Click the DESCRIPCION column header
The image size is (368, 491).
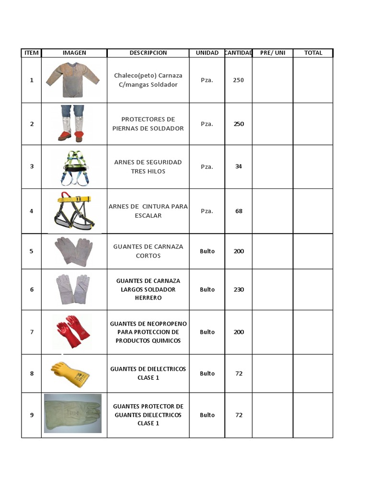pos(148,53)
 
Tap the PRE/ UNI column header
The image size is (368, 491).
pos(273,53)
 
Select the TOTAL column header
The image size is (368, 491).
pos(313,53)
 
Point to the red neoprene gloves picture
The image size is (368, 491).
pos(72,331)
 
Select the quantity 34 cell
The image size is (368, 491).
pos(238,166)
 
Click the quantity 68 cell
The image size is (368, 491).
pos(238,211)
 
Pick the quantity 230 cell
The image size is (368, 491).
pos(238,289)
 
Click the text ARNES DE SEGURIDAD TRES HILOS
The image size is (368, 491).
pos(148,166)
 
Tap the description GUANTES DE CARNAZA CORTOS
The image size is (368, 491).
pos(148,251)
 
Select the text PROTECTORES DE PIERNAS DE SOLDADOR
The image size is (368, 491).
pos(148,124)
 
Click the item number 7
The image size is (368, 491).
pos(32,332)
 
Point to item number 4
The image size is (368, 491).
pos(32,211)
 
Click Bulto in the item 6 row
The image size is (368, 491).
pos(207,289)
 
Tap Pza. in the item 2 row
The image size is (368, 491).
pos(207,124)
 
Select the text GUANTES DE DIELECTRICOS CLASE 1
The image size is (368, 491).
pos(148,373)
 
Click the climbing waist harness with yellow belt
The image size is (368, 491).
pos(74,211)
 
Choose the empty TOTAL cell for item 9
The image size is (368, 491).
pos(313,415)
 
